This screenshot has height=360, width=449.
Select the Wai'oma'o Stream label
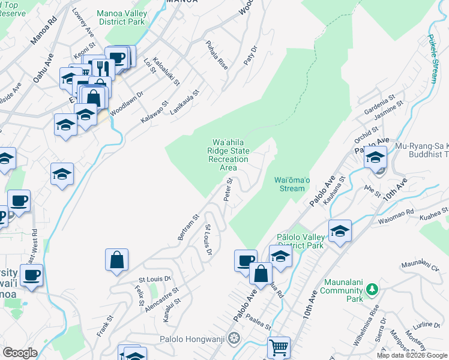(x=292, y=184)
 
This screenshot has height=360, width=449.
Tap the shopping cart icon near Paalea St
(x=279, y=347)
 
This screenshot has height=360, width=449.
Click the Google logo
(x=20, y=352)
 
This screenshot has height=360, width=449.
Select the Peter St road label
(x=228, y=193)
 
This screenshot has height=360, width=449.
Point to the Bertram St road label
(x=188, y=227)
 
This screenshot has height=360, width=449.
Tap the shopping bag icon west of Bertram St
(x=117, y=260)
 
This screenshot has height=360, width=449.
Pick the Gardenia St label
(x=380, y=104)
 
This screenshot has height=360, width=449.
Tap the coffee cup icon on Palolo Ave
(x=245, y=259)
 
